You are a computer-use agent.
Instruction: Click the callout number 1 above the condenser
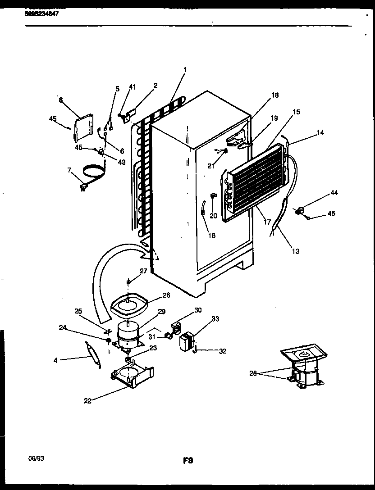pyautogui.click(x=184, y=70)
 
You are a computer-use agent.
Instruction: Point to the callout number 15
pyautogui.click(x=296, y=112)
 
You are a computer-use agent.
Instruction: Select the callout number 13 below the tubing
pyautogui.click(x=296, y=251)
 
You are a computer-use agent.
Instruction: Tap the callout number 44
pyautogui.click(x=334, y=193)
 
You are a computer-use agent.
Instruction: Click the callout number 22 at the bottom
pyautogui.click(x=88, y=401)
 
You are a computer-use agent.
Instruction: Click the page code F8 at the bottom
pyautogui.click(x=188, y=460)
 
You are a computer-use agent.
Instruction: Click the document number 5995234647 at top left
pyautogui.click(x=42, y=14)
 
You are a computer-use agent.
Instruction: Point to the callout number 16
pyautogui.click(x=212, y=236)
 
